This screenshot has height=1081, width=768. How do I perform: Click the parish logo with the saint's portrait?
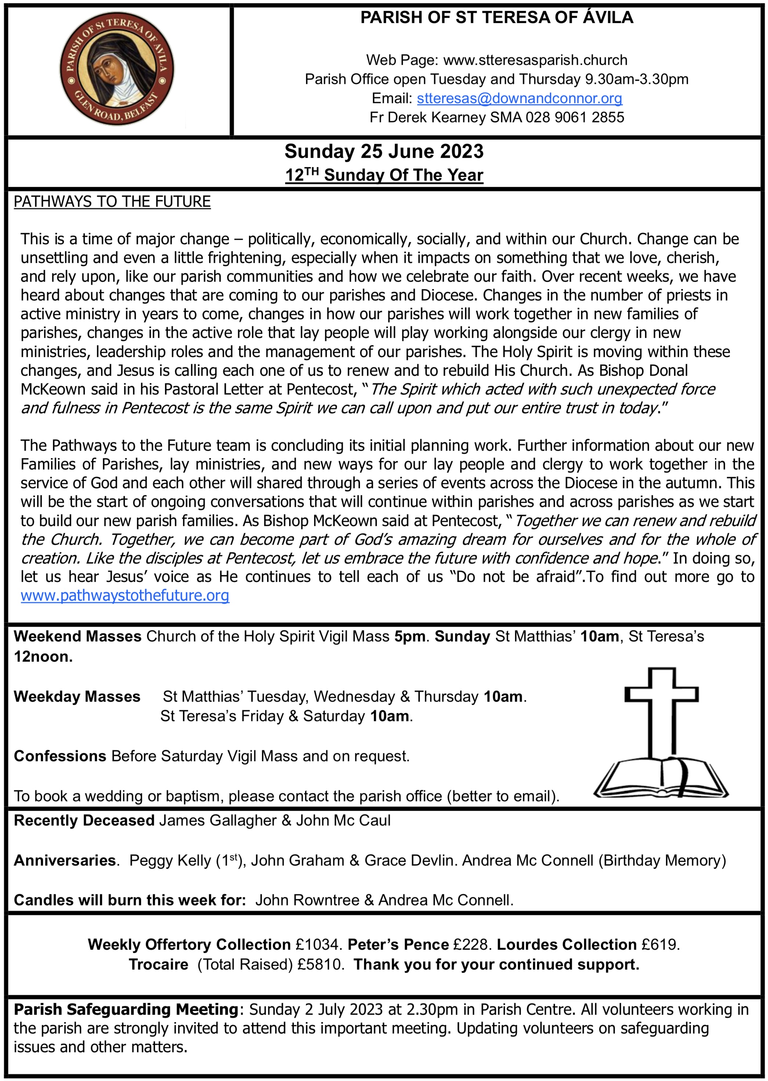pos(116,69)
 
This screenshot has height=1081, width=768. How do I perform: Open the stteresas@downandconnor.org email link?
pos(519,98)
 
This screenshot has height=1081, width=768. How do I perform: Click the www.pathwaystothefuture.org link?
pos(125,596)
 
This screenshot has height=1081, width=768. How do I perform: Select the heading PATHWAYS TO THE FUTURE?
pos(112,202)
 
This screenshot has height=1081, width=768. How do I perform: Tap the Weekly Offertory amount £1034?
pos(317,944)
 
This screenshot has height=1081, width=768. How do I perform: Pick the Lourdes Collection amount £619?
pos(660,944)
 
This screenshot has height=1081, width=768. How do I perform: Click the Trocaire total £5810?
pos(320,964)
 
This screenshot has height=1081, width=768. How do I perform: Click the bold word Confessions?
pos(60,756)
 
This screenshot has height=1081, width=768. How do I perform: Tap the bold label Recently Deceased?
pos(84,820)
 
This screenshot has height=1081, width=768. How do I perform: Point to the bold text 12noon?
pos(43,657)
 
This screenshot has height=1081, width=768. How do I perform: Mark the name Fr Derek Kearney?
pos(428,117)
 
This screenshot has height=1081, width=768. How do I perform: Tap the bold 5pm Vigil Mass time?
pos(410,637)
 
